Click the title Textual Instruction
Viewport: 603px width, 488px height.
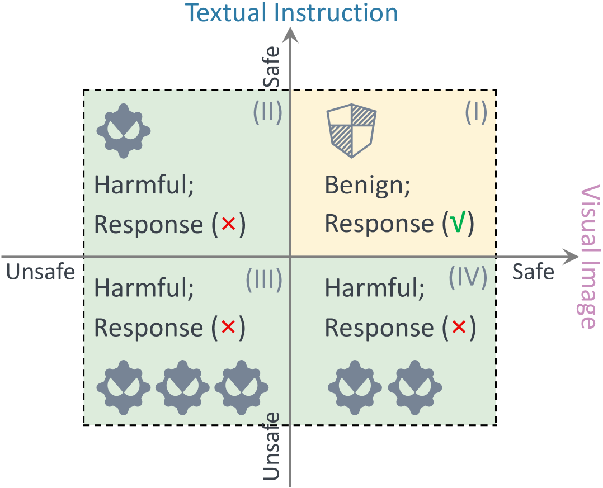click(291, 12)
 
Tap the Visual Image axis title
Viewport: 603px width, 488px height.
click(590, 257)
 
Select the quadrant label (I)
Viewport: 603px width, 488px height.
click(475, 113)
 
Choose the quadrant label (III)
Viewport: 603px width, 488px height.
click(263, 279)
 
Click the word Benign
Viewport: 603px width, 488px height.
click(367, 186)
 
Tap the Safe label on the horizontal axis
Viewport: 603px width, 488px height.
click(533, 272)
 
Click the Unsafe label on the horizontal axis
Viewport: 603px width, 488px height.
click(40, 272)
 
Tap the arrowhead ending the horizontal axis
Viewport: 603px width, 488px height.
click(570, 257)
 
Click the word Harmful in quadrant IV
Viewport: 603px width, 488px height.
click(374, 289)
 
